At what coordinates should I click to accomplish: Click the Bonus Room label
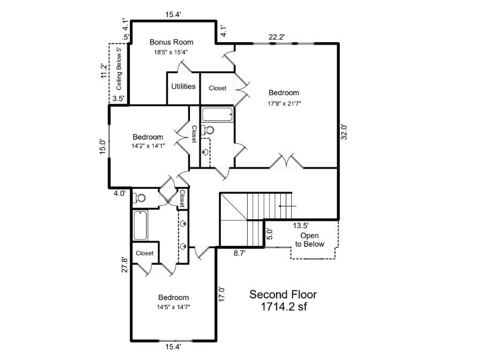(x=171, y=42)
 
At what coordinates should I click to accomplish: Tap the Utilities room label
(x=183, y=86)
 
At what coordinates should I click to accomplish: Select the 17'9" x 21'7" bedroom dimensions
(x=284, y=104)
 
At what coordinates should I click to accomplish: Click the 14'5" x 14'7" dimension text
(x=173, y=307)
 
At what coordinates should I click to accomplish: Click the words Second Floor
(x=283, y=294)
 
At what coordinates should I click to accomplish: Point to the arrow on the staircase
(x=287, y=205)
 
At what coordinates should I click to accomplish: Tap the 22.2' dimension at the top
(x=277, y=37)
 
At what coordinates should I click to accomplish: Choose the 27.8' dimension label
(x=125, y=265)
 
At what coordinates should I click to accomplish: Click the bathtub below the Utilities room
(x=217, y=114)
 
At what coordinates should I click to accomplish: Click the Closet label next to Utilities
(x=217, y=88)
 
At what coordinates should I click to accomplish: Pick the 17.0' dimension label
(x=222, y=295)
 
